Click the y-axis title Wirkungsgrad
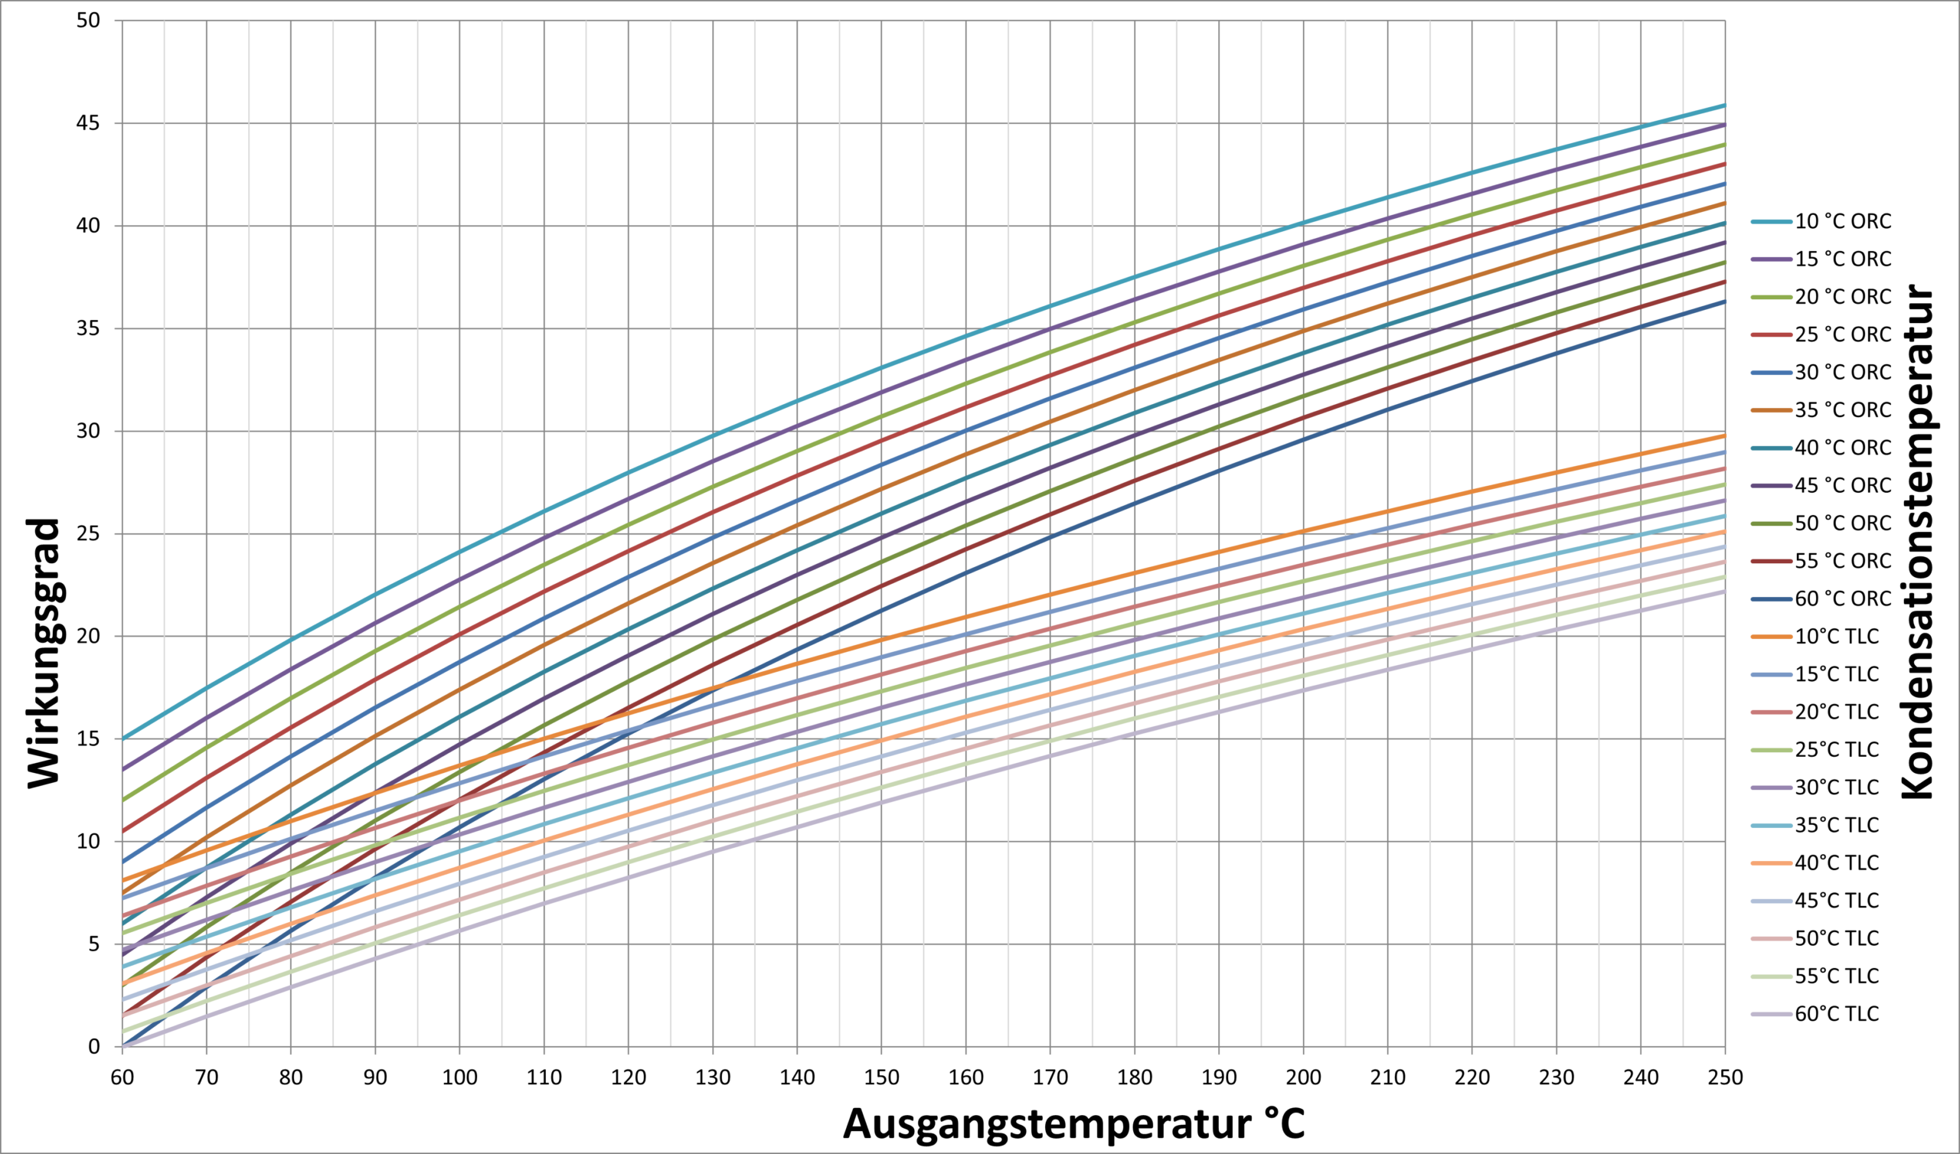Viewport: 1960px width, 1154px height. coord(44,654)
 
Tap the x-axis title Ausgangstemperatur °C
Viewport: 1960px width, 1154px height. coord(1073,1123)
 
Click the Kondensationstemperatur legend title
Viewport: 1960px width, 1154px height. coord(1917,541)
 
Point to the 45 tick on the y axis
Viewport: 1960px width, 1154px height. coord(89,123)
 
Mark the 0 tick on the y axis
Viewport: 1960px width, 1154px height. coord(94,1047)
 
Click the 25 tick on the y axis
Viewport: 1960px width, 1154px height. coord(89,534)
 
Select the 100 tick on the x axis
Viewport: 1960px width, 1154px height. coord(459,1077)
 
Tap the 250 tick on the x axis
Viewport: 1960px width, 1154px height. coord(1725,1077)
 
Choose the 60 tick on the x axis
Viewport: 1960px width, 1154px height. coord(122,1077)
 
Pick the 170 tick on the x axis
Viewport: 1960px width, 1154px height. coord(1050,1077)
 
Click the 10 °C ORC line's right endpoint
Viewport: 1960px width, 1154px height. coord(1725,105)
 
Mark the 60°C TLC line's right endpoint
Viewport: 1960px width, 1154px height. coord(1725,591)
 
